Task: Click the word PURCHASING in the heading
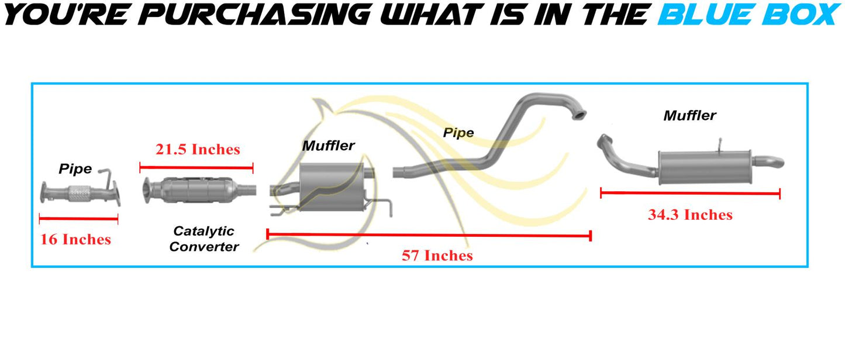tap(254, 15)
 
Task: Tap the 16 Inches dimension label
tap(75, 239)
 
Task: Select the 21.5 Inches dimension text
tap(198, 149)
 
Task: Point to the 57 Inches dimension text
tap(437, 256)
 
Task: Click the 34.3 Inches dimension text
tap(691, 215)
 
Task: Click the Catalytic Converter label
tap(204, 239)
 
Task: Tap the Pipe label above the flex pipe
tap(75, 169)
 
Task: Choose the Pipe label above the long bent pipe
tap(458, 133)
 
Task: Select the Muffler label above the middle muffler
tap(328, 146)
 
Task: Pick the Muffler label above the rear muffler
tap(689, 115)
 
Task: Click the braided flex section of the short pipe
tap(80, 194)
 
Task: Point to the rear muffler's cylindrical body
tap(705, 167)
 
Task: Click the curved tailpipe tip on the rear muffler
tap(770, 162)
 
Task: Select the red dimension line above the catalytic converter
tap(196, 168)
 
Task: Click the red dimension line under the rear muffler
tap(691, 194)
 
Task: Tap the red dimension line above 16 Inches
tap(78, 219)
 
